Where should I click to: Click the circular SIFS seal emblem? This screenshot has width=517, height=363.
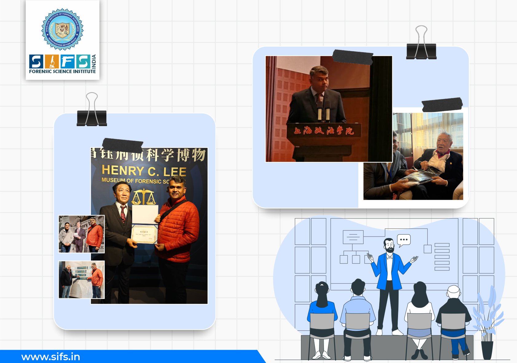click(62, 29)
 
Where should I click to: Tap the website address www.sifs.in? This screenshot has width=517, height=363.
click(51, 357)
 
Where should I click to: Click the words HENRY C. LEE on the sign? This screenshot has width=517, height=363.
click(144, 171)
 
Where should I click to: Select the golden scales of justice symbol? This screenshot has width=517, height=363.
click(144, 197)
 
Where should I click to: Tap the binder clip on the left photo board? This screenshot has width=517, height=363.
click(92, 112)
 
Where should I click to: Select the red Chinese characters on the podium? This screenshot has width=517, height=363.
click(324, 131)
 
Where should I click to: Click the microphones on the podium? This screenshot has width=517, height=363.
click(323, 110)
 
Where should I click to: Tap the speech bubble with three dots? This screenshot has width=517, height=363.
click(404, 240)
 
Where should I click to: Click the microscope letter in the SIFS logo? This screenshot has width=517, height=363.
click(51, 61)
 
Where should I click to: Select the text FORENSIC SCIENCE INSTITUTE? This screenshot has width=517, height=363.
click(62, 71)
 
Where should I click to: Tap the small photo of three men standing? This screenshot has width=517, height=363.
click(81, 234)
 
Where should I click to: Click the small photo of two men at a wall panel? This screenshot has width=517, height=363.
click(81, 280)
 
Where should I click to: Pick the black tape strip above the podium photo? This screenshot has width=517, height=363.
click(353, 57)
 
